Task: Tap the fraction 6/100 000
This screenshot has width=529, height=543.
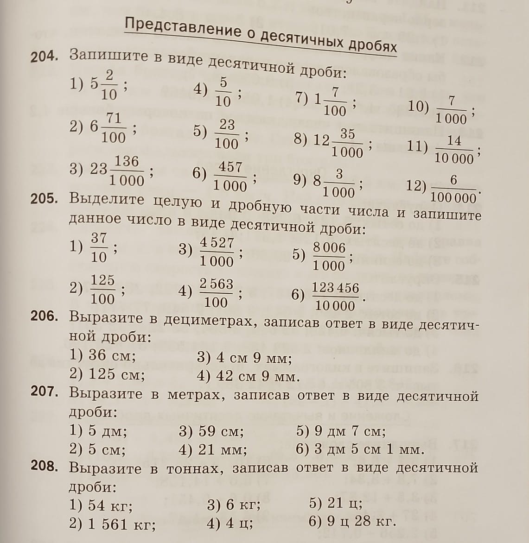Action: click(453, 189)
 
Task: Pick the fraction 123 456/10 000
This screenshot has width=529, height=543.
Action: click(335, 297)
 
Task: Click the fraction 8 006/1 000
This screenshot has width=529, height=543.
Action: click(329, 257)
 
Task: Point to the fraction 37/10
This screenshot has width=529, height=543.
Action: click(98, 248)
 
